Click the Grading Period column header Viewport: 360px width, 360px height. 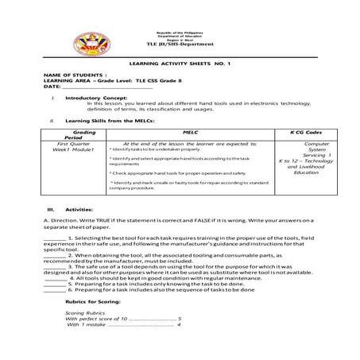79,137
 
